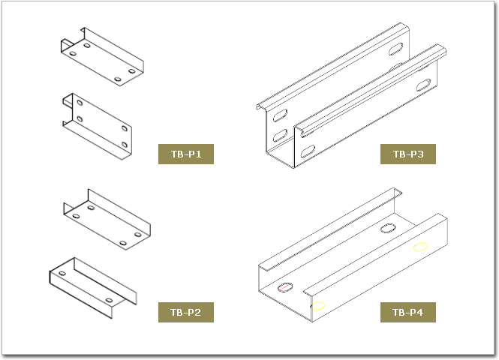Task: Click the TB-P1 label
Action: click(186, 154)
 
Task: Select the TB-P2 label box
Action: click(186, 312)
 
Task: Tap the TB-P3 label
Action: click(408, 154)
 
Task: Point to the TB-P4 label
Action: click(408, 312)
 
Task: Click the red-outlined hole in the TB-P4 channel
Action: click(285, 287)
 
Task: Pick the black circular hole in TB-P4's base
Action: click(388, 228)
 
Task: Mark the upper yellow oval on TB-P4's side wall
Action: click(420, 247)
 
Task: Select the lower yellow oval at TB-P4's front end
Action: click(318, 306)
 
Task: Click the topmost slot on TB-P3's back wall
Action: click(395, 49)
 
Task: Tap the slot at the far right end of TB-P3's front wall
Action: click(423, 85)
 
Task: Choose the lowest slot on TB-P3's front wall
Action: click(308, 151)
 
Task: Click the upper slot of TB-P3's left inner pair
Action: click(280, 115)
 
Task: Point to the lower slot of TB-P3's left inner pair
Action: click(280, 136)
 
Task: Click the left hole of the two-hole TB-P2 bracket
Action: click(62, 274)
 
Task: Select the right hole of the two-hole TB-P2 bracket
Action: click(109, 300)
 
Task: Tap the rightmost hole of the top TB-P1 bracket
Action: click(132, 70)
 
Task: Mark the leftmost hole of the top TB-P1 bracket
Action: click(73, 53)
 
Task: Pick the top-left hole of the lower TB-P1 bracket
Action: click(80, 103)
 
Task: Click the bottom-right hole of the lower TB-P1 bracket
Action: click(125, 145)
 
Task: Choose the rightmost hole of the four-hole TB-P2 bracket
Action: click(138, 235)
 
